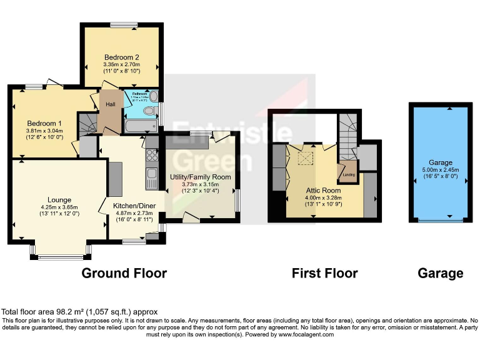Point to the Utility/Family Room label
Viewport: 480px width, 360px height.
click(201, 177)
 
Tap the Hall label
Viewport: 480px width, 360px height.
click(111, 104)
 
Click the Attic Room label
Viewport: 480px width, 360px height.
click(323, 190)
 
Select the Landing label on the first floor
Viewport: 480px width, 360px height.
click(349, 174)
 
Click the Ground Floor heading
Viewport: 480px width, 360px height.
click(124, 273)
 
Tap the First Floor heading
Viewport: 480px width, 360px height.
click(324, 273)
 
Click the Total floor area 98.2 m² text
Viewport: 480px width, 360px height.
click(79, 311)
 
